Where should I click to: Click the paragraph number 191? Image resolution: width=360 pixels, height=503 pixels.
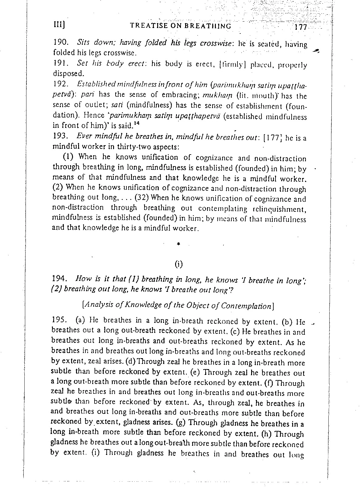point(59,64)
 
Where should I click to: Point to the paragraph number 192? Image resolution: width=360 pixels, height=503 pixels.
point(59,83)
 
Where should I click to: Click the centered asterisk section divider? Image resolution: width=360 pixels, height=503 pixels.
point(179,244)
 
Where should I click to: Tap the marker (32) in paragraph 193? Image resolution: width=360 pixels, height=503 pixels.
point(141,199)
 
